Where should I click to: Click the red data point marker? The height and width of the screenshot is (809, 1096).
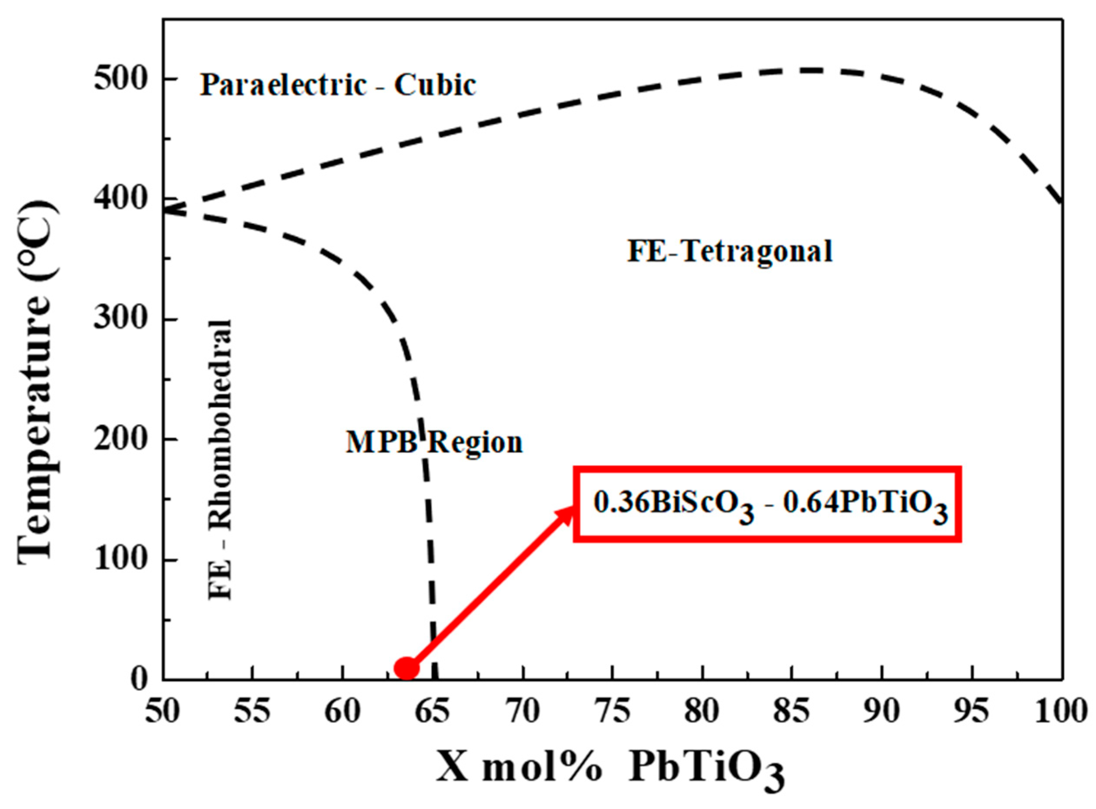pyautogui.click(x=407, y=667)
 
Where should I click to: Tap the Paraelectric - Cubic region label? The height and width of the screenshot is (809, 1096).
pyautogui.click(x=338, y=85)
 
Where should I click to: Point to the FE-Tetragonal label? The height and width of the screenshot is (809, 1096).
pyautogui.click(x=730, y=252)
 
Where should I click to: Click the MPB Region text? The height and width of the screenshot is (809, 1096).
pyautogui.click(x=434, y=442)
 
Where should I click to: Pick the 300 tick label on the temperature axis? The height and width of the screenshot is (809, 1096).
pyautogui.click(x=121, y=319)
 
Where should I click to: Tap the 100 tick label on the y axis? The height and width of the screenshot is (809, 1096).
pyautogui.click(x=121, y=559)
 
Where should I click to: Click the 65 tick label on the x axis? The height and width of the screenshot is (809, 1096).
pyautogui.click(x=432, y=711)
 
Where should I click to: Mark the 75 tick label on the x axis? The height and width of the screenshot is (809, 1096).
pyautogui.click(x=612, y=711)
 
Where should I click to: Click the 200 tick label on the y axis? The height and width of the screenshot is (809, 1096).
pyautogui.click(x=121, y=439)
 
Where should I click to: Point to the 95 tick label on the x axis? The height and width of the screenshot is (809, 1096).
pyautogui.click(x=972, y=711)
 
